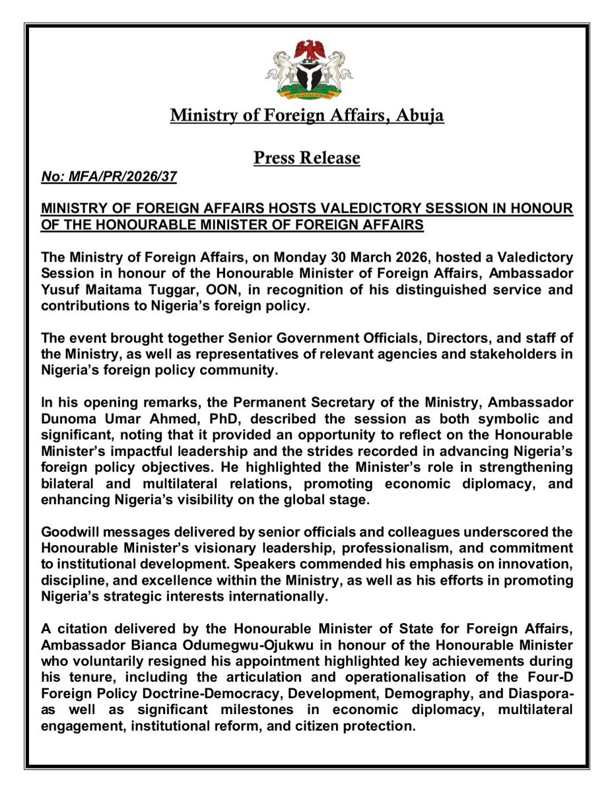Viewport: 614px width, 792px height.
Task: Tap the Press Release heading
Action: pyautogui.click(x=307, y=158)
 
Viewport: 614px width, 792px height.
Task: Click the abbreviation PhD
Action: pyautogui.click(x=203, y=419)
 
